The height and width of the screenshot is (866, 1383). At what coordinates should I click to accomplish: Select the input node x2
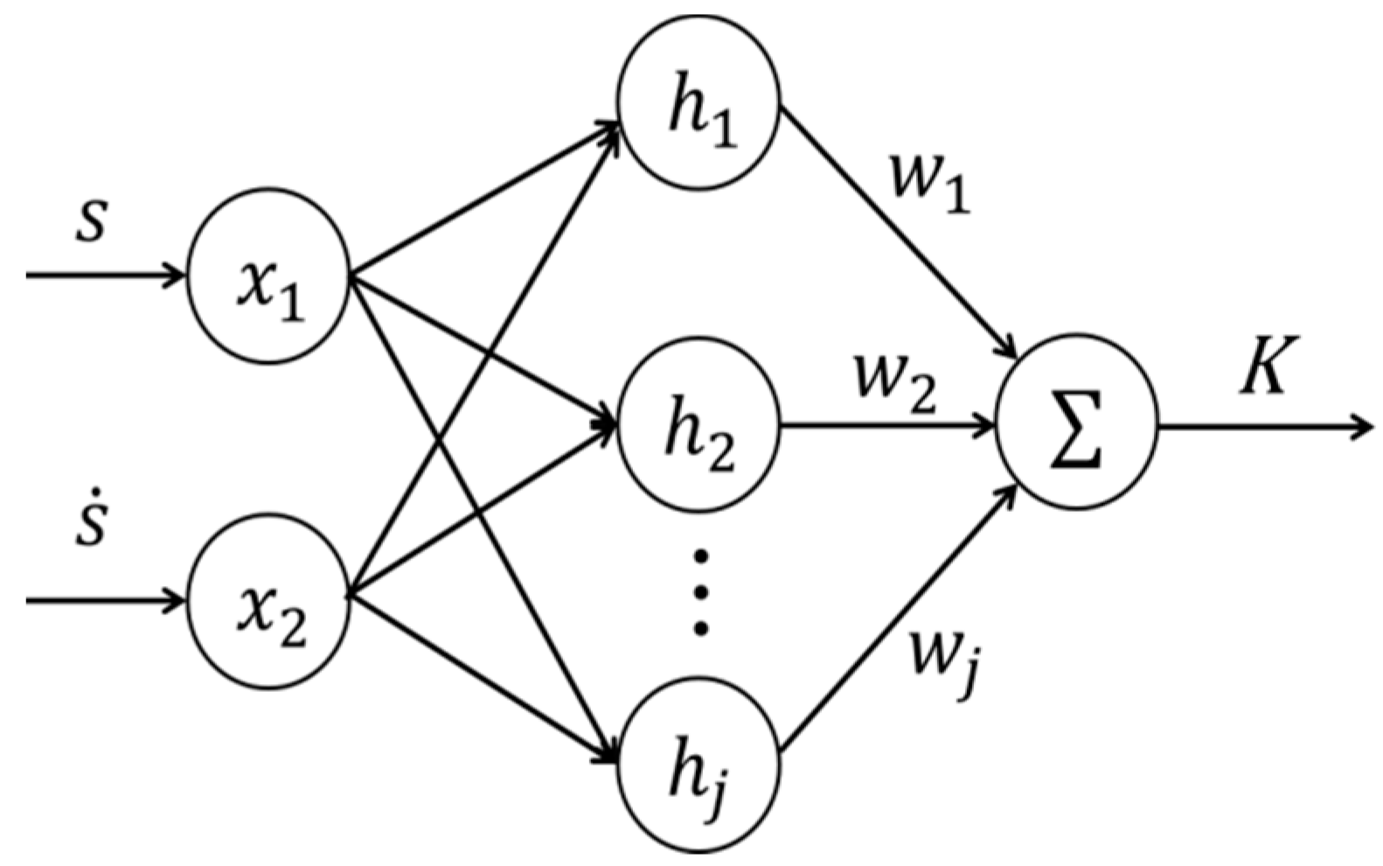pyautogui.click(x=268, y=602)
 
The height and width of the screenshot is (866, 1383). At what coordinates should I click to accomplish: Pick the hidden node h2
pyautogui.click(x=698, y=427)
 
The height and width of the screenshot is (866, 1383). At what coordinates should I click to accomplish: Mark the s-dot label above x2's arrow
pyautogui.click(x=90, y=525)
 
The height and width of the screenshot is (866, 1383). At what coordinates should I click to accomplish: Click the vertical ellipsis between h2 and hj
pyautogui.click(x=700, y=591)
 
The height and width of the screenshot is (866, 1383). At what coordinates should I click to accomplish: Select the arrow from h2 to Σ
pyautogui.click(x=883, y=428)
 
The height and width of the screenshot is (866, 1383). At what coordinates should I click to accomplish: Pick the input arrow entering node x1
pyautogui.click(x=105, y=276)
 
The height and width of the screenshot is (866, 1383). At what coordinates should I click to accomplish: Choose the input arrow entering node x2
pyautogui.click(x=105, y=601)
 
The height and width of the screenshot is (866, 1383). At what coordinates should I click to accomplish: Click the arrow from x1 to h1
pyautogui.click(x=481, y=201)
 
